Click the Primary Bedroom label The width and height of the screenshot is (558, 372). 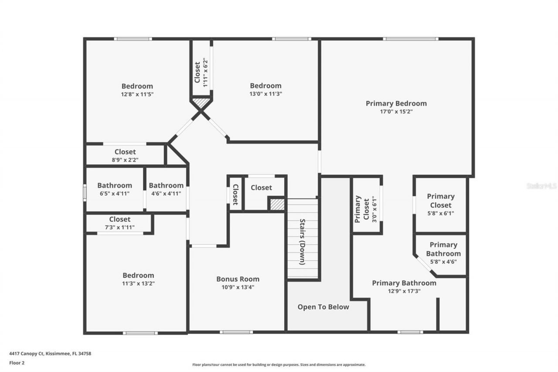pyautogui.click(x=396, y=103)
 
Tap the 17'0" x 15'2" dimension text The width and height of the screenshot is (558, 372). pyautogui.click(x=396, y=111)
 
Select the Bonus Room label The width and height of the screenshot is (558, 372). pyautogui.click(x=238, y=279)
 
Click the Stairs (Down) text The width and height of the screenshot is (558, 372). pyautogui.click(x=302, y=241)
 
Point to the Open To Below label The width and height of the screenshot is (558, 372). pyautogui.click(x=323, y=307)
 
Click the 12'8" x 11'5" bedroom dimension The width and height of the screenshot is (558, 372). pyautogui.click(x=137, y=94)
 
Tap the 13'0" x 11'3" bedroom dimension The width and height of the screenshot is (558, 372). pyautogui.click(x=265, y=93)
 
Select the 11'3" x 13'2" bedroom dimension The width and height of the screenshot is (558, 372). pyautogui.click(x=138, y=283)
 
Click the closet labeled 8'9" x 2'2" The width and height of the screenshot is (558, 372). pyautogui.click(x=125, y=156)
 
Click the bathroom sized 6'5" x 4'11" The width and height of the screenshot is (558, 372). pyautogui.click(x=114, y=189)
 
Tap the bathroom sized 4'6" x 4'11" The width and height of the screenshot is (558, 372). pyautogui.click(x=166, y=189)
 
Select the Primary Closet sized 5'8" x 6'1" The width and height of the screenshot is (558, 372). pyautogui.click(x=440, y=205)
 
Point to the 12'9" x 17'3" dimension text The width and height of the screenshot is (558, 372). pyautogui.click(x=404, y=291)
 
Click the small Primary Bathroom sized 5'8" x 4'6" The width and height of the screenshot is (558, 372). pyautogui.click(x=443, y=253)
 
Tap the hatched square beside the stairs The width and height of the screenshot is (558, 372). pyautogui.click(x=276, y=205)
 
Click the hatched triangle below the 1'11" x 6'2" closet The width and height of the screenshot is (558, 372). pyautogui.click(x=201, y=103)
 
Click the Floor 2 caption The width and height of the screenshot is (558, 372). pyautogui.click(x=17, y=362)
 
